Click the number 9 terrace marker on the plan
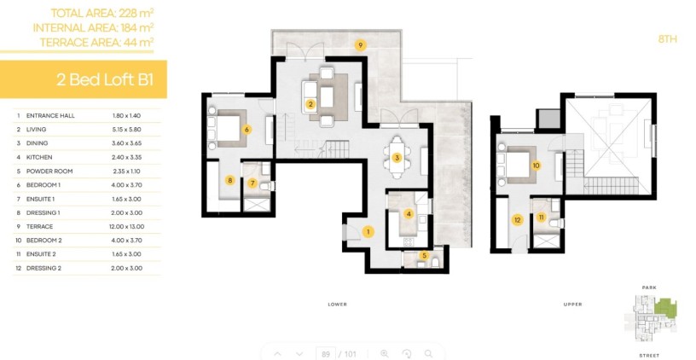click(x=360, y=45)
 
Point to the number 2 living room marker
click(x=310, y=105)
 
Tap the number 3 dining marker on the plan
click(x=397, y=158)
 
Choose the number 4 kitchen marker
click(x=409, y=214)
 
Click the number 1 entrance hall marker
click(x=368, y=231)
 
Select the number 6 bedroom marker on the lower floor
click(x=246, y=130)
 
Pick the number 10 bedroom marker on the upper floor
click(x=536, y=165)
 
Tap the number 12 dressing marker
click(x=517, y=219)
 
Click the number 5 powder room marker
click(x=424, y=255)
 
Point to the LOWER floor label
click(x=337, y=304)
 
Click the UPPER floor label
click(x=572, y=304)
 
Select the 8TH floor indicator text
click(x=667, y=39)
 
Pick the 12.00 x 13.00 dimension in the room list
click(x=128, y=226)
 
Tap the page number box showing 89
click(x=324, y=353)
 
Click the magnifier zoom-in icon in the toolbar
click(x=385, y=353)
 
